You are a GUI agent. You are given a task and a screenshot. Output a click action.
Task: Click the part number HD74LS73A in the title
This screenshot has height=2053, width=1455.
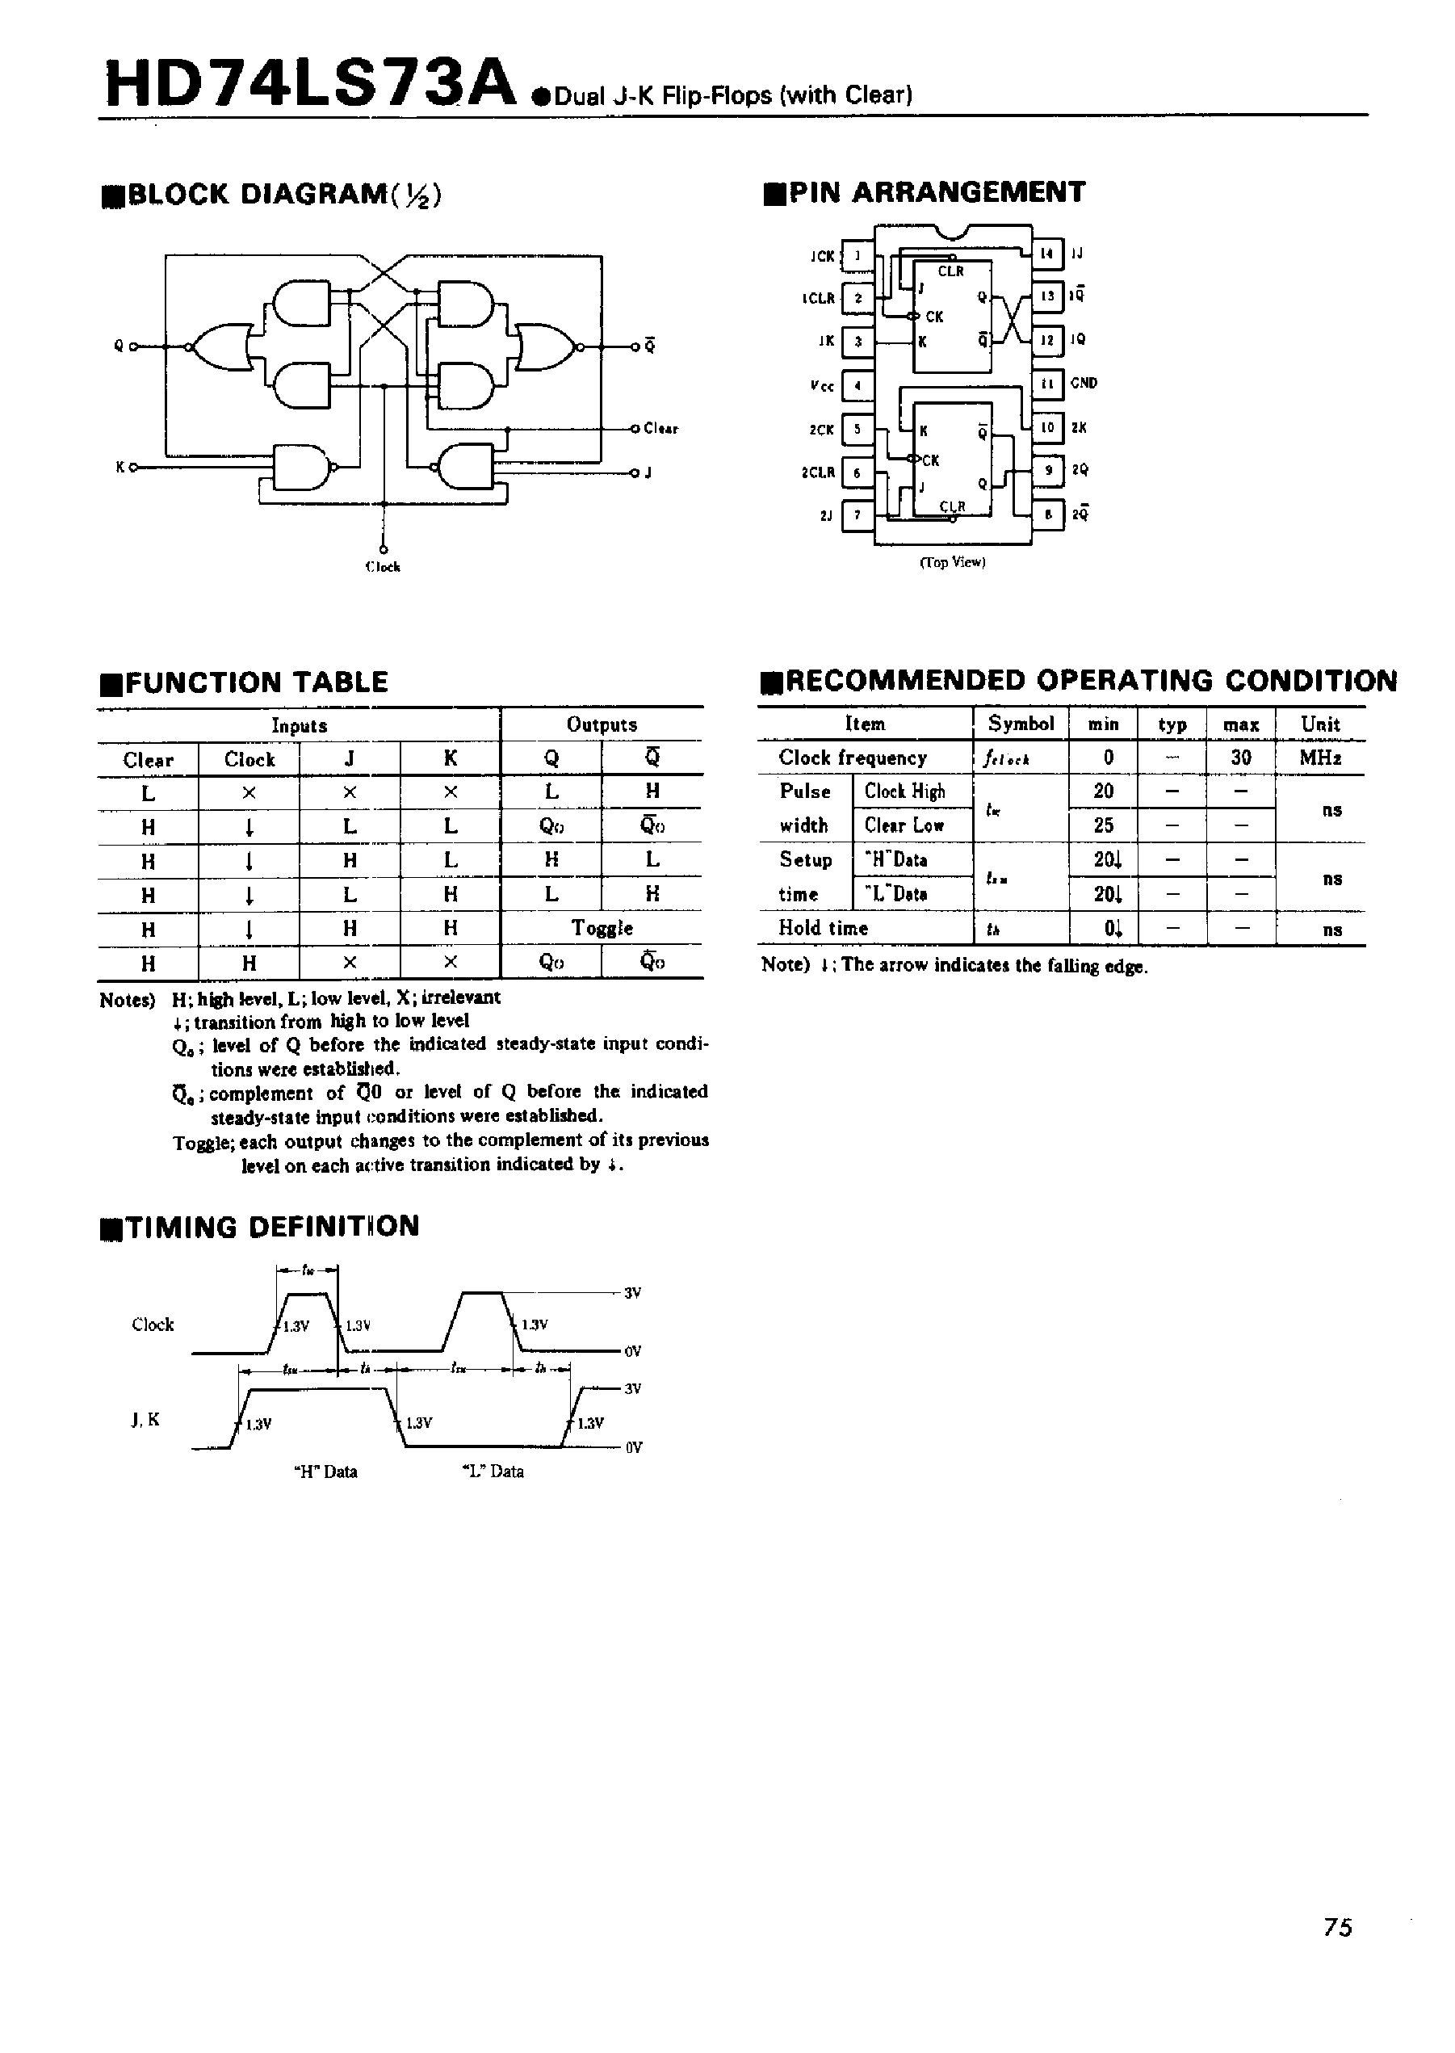click(x=310, y=84)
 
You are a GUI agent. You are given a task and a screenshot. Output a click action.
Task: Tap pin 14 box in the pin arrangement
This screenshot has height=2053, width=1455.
click(x=1047, y=254)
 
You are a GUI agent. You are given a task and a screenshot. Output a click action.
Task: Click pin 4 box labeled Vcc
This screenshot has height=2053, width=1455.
click(x=858, y=386)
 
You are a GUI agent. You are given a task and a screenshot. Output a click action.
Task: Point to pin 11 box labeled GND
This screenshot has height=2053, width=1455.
click(x=1047, y=384)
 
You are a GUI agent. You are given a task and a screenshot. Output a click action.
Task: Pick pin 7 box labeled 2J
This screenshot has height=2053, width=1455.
click(x=858, y=515)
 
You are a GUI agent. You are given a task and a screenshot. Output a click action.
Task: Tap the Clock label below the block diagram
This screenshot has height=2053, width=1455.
click(x=383, y=567)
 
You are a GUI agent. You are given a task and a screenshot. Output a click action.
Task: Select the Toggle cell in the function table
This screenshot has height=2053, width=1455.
click(x=602, y=929)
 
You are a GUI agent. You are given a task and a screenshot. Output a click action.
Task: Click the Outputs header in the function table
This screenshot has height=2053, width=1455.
click(x=602, y=725)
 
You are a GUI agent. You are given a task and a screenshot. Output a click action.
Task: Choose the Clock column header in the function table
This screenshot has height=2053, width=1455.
click(x=249, y=760)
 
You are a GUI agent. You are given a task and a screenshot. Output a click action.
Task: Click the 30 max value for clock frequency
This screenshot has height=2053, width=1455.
click(x=1240, y=758)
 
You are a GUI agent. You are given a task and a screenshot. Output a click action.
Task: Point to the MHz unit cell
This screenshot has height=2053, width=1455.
click(x=1321, y=758)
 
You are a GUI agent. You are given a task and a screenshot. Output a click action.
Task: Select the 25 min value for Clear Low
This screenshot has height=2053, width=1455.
click(x=1104, y=825)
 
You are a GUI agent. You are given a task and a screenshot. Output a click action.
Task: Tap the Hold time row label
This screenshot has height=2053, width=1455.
click(x=823, y=929)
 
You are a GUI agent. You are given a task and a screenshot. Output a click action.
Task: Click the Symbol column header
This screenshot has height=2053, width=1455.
click(x=1021, y=724)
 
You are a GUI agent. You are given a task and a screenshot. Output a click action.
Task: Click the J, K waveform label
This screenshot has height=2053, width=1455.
click(x=145, y=1420)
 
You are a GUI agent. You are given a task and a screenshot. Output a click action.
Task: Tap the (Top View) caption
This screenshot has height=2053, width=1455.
click(x=953, y=563)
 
